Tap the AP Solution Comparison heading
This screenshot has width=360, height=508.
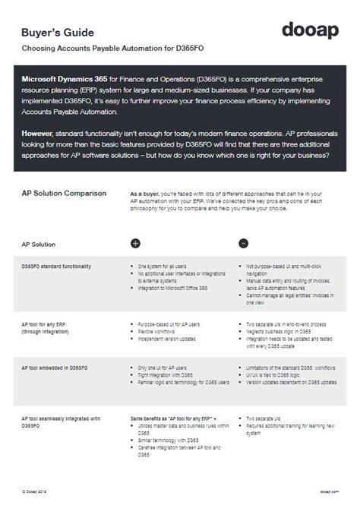(x=64, y=194)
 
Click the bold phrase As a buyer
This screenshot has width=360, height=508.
(x=147, y=193)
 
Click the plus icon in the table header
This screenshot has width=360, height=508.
(x=136, y=244)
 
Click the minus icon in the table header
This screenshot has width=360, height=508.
(x=243, y=244)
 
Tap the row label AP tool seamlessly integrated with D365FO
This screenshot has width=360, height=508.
(x=60, y=421)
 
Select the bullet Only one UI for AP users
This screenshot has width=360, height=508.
(x=166, y=367)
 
